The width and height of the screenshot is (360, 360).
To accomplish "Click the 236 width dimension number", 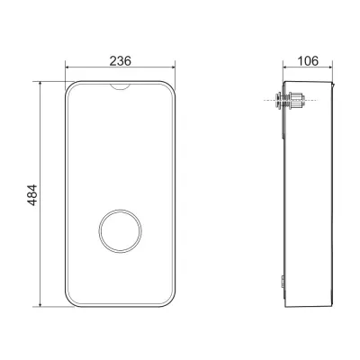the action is [120, 61].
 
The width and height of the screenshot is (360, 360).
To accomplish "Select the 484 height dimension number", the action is [32, 195].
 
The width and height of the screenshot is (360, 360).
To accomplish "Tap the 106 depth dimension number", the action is [308, 61].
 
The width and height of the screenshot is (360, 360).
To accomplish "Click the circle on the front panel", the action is [120, 230].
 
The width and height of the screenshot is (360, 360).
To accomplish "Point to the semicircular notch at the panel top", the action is [120, 86].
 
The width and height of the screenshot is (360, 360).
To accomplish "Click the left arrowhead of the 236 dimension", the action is [67, 67].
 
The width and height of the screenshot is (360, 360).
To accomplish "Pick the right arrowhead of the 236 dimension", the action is [173, 67].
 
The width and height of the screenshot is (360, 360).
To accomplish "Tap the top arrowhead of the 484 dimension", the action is [40, 83].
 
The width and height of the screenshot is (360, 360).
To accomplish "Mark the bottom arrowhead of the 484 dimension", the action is [40, 304].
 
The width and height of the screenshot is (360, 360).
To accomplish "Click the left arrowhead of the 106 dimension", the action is [285, 67].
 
